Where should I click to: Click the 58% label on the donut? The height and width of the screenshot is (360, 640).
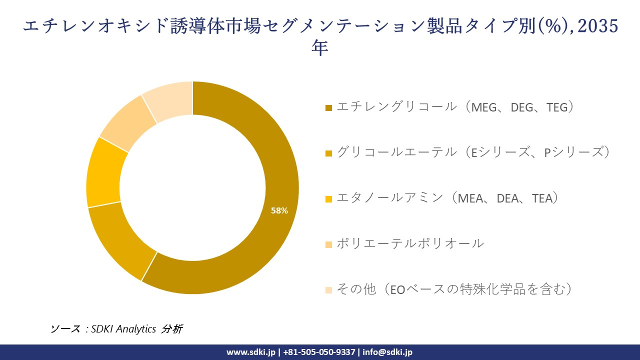click(x=279, y=210)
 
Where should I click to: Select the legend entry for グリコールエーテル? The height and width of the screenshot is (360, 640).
click(x=473, y=152)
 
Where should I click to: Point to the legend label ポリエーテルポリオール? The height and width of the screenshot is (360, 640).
click(x=410, y=243)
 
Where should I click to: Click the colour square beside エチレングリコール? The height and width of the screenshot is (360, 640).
click(x=328, y=108)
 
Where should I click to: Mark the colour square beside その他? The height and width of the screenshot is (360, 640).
click(x=328, y=290)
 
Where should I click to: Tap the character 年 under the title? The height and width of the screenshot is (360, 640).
click(x=320, y=48)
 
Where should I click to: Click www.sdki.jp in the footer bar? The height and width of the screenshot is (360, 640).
click(x=251, y=352)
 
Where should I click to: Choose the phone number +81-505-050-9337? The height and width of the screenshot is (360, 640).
click(x=319, y=352)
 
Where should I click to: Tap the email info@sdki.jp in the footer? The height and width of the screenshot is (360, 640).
click(x=387, y=352)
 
